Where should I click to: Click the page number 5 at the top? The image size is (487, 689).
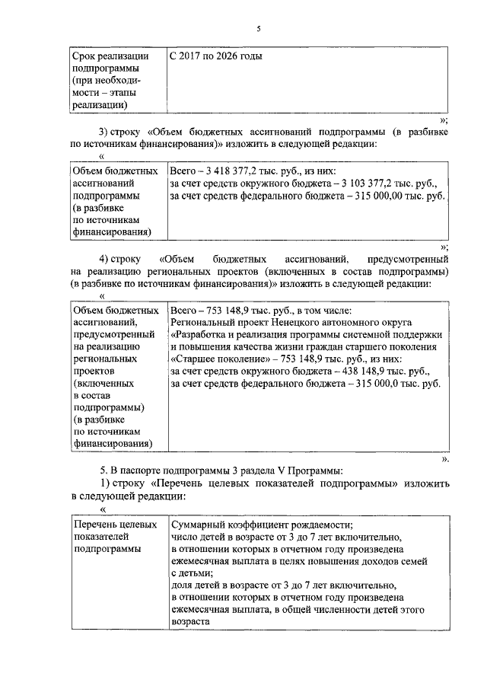pos(258,29)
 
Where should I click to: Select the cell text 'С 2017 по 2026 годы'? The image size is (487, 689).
pos(216,56)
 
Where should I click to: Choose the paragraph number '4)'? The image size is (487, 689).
pos(108,259)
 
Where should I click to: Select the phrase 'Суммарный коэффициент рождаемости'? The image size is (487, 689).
pos(262,525)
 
